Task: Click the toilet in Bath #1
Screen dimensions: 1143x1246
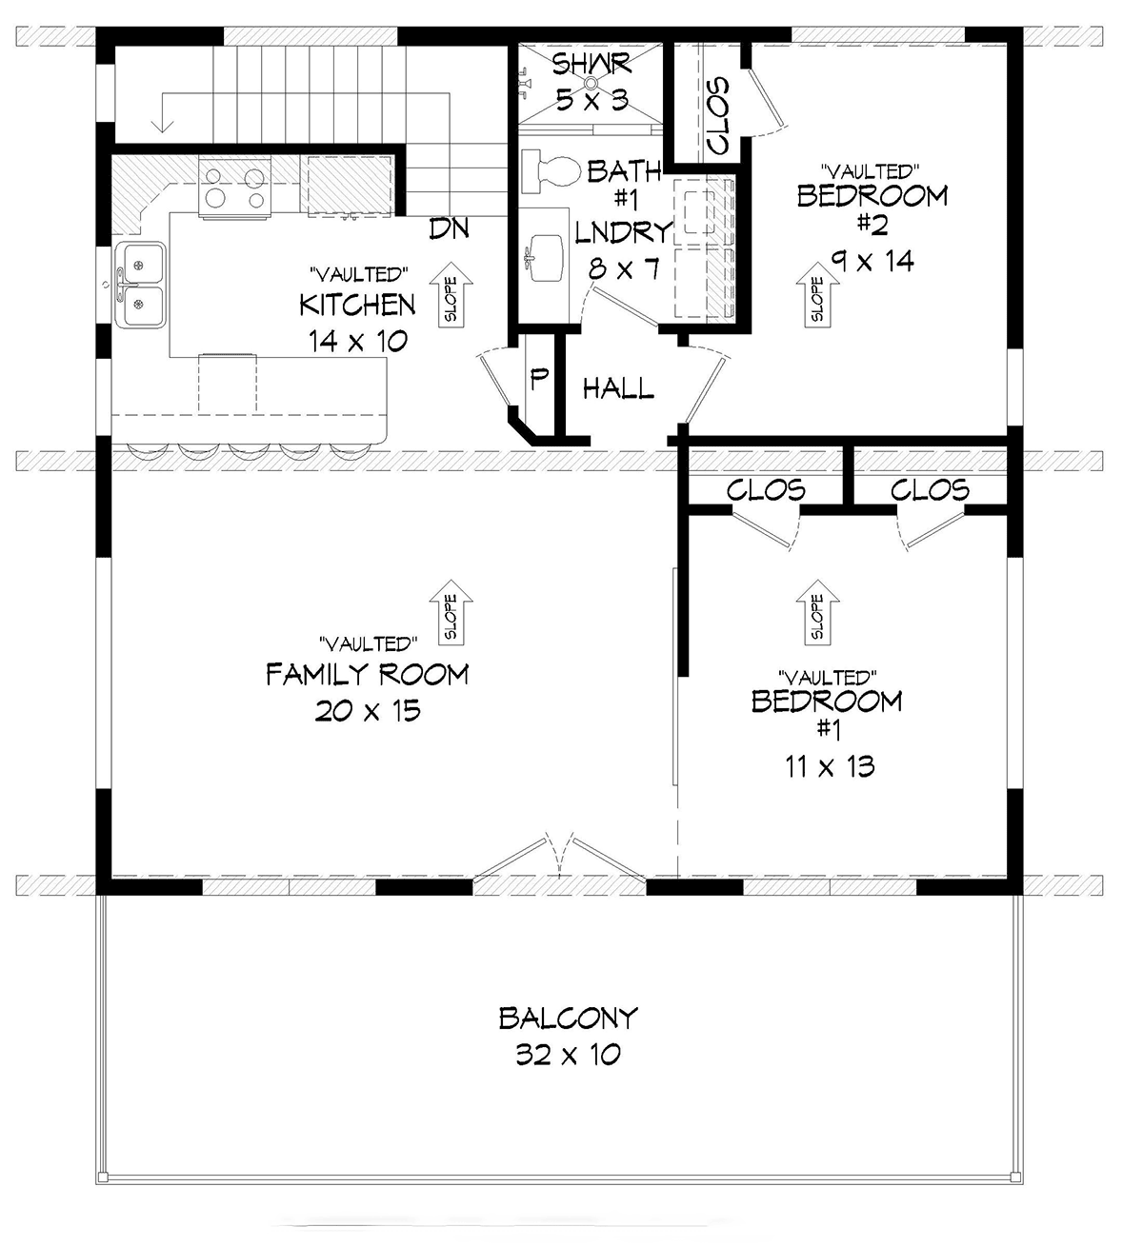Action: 551,170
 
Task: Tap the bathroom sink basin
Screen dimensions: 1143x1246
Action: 547,258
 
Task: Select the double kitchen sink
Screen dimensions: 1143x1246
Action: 141,286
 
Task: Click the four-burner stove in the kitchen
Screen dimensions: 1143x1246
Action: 235,187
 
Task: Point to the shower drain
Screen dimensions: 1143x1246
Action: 592,81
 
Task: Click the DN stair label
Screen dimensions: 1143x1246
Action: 449,228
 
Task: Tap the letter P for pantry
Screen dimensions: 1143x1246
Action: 539,378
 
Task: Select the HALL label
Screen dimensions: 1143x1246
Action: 618,388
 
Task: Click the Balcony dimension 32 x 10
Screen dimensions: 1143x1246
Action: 568,1054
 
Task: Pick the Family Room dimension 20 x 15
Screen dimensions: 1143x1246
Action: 368,710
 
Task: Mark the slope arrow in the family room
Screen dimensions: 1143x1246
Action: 451,613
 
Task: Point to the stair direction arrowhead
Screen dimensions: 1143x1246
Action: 163,126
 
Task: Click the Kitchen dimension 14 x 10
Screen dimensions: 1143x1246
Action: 358,341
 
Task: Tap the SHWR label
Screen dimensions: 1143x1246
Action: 592,64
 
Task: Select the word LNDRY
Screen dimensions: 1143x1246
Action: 623,232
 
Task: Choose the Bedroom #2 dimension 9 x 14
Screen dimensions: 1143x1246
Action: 873,261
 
